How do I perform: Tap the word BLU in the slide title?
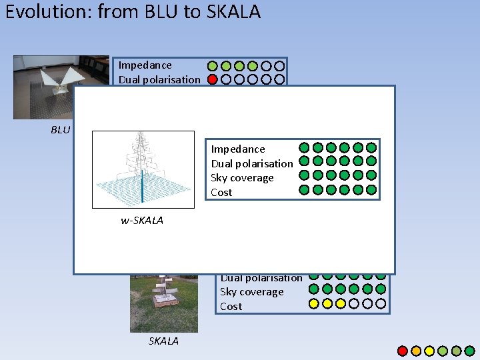pyautogui.click(x=160, y=13)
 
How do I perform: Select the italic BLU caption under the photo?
pyautogui.click(x=61, y=130)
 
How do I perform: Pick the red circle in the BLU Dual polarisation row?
pyautogui.click(x=213, y=80)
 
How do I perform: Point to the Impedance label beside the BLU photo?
pyautogui.click(x=145, y=65)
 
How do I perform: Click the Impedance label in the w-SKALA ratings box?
pyautogui.click(x=237, y=149)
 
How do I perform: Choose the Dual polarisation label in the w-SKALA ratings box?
pyautogui.click(x=251, y=164)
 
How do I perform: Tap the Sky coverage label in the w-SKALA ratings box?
pyautogui.click(x=242, y=178)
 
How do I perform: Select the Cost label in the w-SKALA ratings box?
pyautogui.click(x=221, y=193)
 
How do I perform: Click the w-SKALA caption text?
pyautogui.click(x=142, y=221)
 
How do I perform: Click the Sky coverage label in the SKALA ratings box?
pyautogui.click(x=251, y=292)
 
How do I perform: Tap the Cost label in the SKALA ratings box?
pyautogui.click(x=231, y=307)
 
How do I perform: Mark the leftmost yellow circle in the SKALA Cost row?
pyautogui.click(x=313, y=304)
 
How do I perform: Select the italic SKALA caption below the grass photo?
pyautogui.click(x=163, y=341)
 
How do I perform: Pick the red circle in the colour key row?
pyautogui.click(x=403, y=351)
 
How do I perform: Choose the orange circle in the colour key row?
pyautogui.click(x=416, y=351)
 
